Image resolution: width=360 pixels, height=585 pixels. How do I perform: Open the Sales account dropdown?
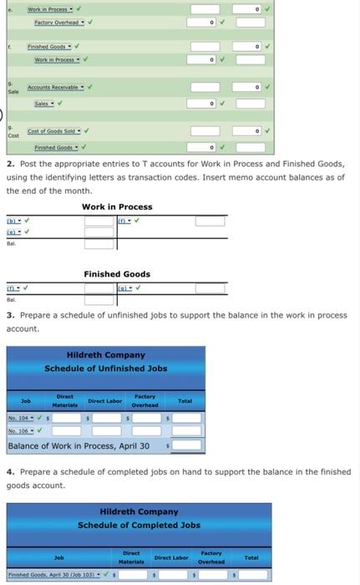click(x=45, y=103)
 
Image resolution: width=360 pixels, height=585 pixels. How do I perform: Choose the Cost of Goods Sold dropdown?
click(x=53, y=132)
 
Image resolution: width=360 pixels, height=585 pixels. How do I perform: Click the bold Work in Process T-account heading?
click(x=117, y=206)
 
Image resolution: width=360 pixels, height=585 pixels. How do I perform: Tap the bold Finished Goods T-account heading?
click(x=117, y=274)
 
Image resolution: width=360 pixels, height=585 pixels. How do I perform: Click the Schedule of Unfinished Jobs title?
click(x=105, y=369)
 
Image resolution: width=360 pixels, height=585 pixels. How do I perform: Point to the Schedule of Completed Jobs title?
click(x=139, y=525)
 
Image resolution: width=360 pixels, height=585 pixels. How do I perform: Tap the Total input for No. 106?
click(x=185, y=430)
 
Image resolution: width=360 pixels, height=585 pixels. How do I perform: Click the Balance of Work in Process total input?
click(x=186, y=445)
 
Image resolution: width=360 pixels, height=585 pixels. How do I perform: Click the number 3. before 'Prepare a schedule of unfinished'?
click(x=9, y=315)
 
